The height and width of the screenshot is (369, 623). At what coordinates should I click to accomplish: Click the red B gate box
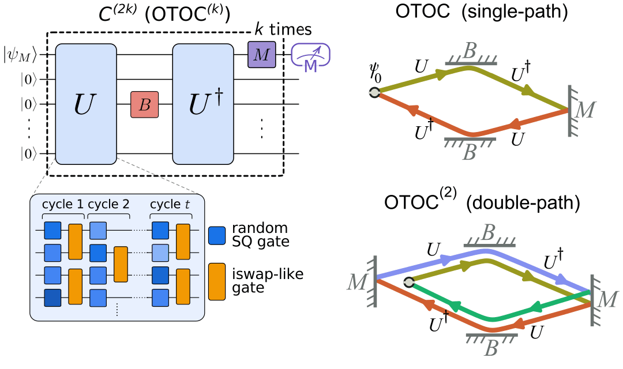point(145,104)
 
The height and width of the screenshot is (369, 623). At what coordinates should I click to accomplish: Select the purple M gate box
point(262,55)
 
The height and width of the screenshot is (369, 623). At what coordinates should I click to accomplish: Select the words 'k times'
point(284,29)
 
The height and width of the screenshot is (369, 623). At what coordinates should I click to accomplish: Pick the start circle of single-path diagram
point(374,92)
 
